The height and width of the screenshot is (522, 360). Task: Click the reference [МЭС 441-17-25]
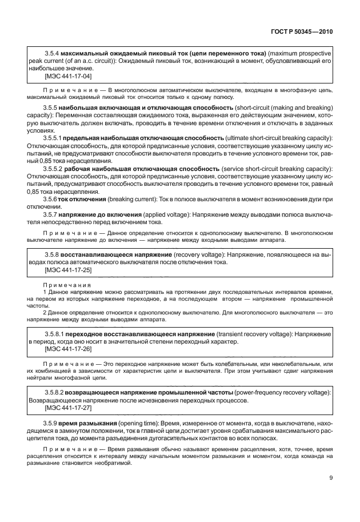click(x=68, y=270)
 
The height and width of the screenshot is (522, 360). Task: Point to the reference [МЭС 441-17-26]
click(x=68, y=349)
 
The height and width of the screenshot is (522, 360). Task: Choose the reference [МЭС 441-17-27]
click(x=68, y=409)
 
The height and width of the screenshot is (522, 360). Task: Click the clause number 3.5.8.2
click(x=55, y=393)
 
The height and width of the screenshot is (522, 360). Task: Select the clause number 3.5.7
click(x=50, y=214)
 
